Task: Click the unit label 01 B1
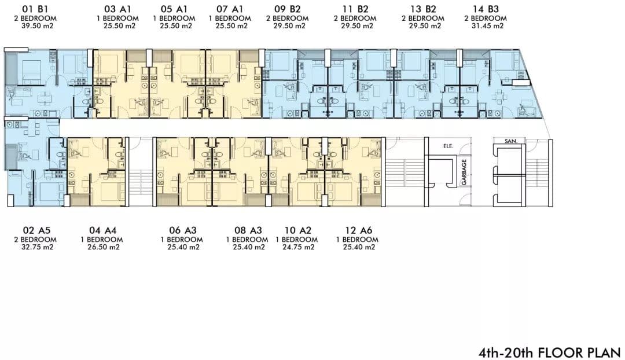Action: (x=36, y=9)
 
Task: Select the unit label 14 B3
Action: (x=486, y=9)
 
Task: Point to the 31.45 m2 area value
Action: (x=487, y=26)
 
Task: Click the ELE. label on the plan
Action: (x=448, y=146)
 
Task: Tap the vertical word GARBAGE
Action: (x=464, y=172)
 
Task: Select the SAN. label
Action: (x=510, y=141)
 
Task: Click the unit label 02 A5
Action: (x=36, y=230)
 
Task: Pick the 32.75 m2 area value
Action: (x=36, y=247)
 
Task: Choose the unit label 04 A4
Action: (x=103, y=230)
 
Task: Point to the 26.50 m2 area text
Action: (x=103, y=247)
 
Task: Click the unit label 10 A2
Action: (x=298, y=230)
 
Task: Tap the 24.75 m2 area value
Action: (x=298, y=247)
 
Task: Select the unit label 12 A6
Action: (x=359, y=230)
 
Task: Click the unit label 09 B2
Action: (x=288, y=9)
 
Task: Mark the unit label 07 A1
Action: (x=230, y=9)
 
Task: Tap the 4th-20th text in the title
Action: (x=506, y=352)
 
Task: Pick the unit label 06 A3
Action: (x=183, y=230)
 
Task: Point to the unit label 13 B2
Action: (x=423, y=9)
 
